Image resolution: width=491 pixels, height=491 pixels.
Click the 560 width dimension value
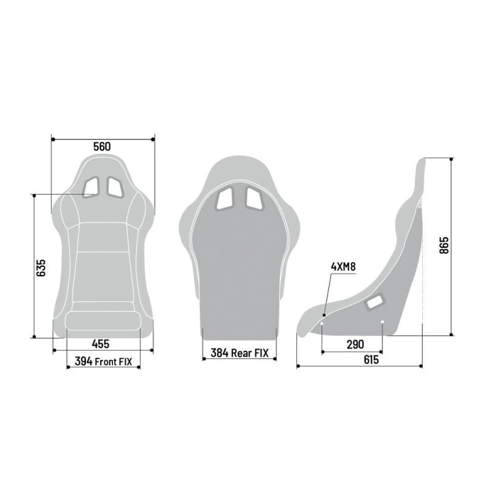point(102,147)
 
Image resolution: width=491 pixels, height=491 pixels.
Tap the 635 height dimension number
point(41,268)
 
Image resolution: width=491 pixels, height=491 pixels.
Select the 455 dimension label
point(101,344)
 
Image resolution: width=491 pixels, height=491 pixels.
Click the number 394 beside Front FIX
point(83,361)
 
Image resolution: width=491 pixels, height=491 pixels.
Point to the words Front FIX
point(114,361)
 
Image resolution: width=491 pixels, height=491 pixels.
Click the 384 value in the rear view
point(220,353)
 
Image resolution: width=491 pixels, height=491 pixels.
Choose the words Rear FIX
point(250,354)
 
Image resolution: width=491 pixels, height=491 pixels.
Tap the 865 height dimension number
point(444,245)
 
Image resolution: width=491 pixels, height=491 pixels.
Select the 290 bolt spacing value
point(355,344)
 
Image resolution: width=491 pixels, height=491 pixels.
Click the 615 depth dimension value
point(371,360)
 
